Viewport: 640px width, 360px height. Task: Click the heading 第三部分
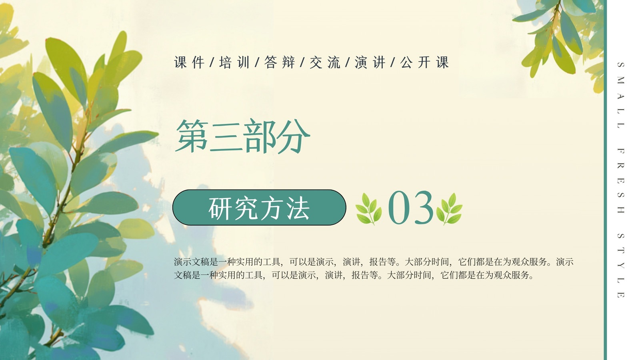point(243,136)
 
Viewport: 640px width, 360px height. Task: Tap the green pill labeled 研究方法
point(260,208)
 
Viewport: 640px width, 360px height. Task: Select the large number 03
point(410,208)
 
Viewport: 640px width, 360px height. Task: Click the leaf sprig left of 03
point(368,209)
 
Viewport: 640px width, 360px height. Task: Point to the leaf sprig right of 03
point(450,209)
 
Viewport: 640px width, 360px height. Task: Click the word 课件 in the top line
point(189,62)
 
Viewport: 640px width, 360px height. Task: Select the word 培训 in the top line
point(234,62)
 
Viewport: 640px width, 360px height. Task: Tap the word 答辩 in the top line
point(280,62)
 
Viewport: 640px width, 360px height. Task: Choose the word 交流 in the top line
point(325,62)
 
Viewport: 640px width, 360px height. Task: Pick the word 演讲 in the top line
point(370,62)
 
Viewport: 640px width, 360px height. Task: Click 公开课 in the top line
point(424,62)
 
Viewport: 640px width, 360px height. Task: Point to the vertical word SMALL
point(620,95)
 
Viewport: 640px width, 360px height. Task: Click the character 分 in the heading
point(294,136)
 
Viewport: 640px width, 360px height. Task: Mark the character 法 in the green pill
point(298,208)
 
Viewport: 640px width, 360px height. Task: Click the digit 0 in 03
point(398,208)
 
